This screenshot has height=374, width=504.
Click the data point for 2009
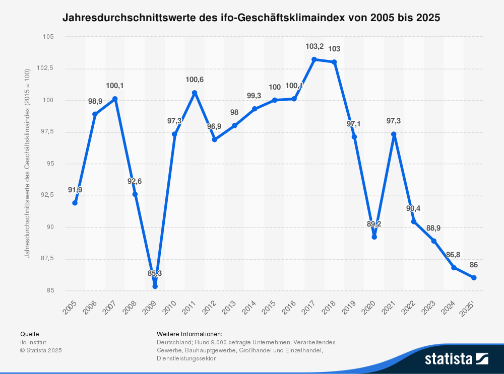[155, 286]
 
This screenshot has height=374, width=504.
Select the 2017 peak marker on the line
[314, 59]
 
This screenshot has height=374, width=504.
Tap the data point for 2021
[394, 134]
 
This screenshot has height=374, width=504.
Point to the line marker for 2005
[75, 203]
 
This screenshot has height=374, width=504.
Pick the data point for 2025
[474, 278]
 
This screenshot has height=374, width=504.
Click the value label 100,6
[195, 80]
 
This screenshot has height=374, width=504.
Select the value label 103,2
[314, 46]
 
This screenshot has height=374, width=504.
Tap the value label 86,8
[454, 255]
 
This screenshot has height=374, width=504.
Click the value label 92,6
[135, 181]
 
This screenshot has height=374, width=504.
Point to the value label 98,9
[95, 101]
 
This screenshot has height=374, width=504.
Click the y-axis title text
[27, 164]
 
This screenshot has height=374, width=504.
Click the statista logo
[456, 358]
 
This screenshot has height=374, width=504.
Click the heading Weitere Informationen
[190, 334]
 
